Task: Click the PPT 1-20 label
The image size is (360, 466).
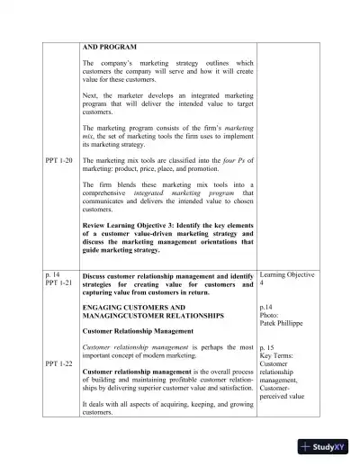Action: tap(60, 159)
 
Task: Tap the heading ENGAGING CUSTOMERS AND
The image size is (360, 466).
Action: tap(134, 307)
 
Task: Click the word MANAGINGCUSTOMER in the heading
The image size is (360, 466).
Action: tap(117, 316)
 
